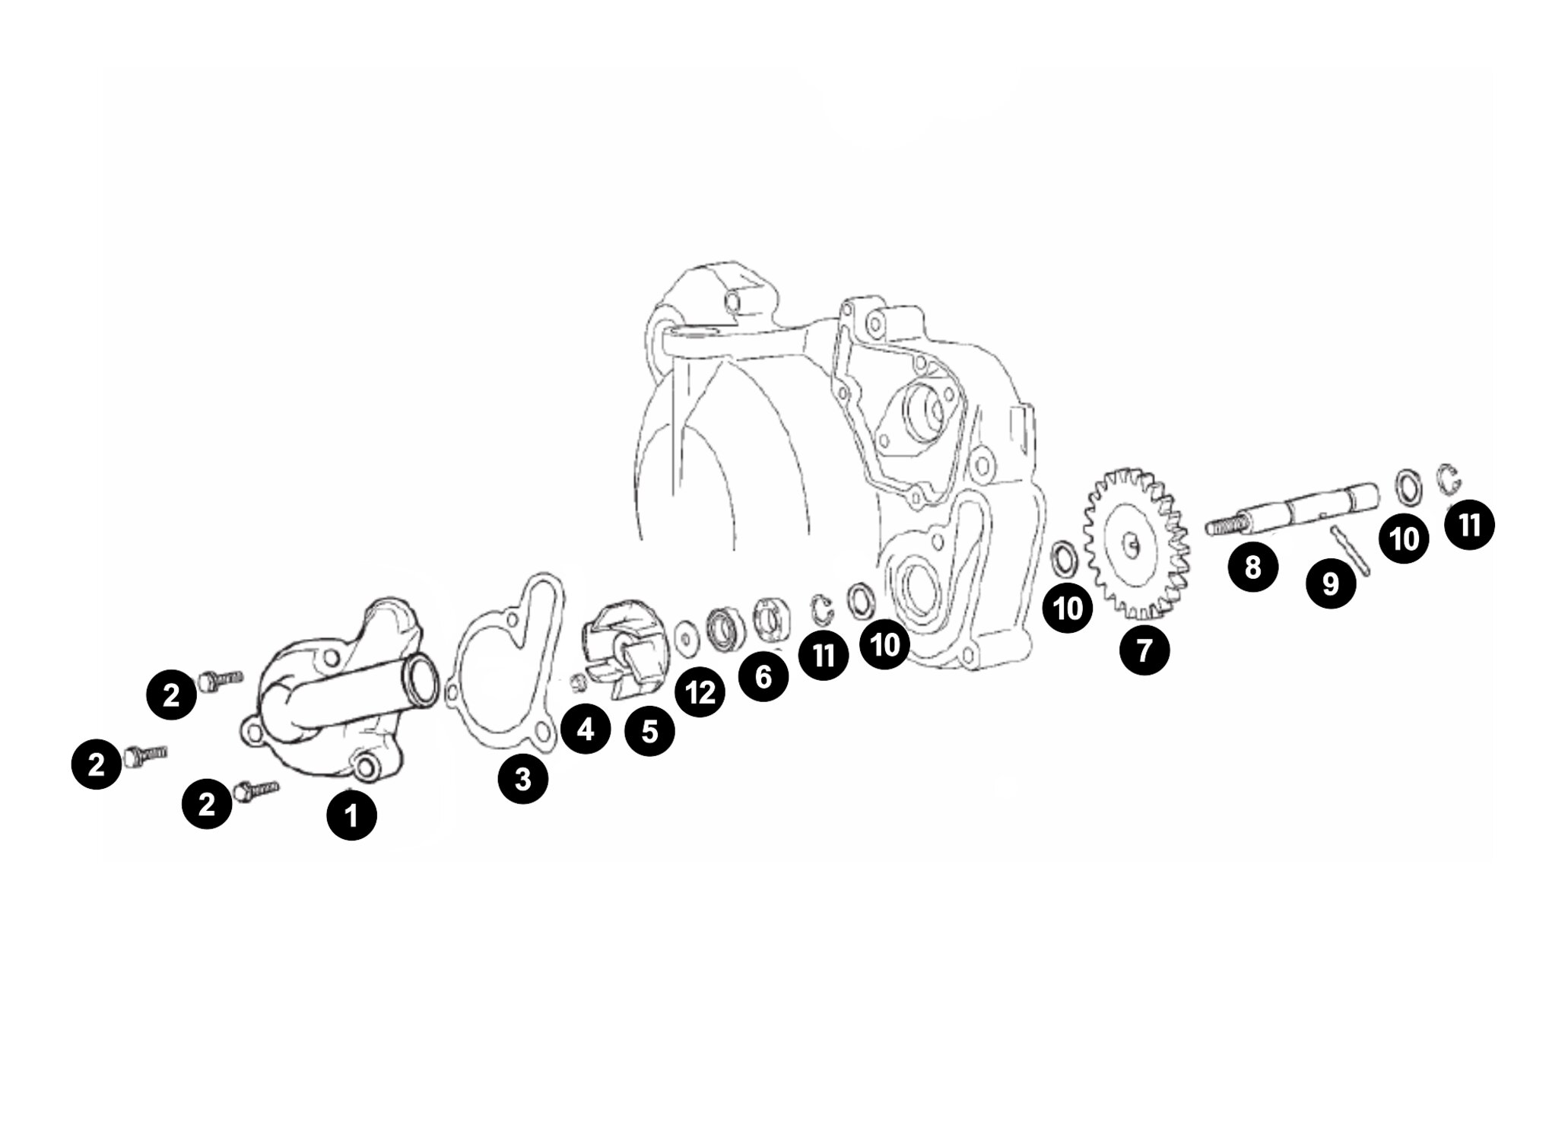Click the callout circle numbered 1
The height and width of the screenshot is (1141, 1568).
pos(351,815)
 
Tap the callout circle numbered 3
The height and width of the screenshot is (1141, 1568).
pos(523,779)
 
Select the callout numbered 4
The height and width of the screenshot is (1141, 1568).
pos(586,729)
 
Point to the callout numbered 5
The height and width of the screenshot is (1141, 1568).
pos(649,731)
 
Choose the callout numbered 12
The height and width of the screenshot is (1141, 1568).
pos(700,692)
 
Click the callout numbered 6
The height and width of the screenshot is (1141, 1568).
pos(763,675)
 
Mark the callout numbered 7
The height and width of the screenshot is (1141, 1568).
pos(1144,649)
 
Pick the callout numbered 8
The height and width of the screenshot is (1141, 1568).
pos(1252,566)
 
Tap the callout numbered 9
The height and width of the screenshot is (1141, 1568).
pos(1331,583)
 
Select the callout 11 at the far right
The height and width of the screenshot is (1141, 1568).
pos(1469,524)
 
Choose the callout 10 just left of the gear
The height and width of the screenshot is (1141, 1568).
pos(1068,608)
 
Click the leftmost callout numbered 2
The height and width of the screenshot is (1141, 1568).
pos(97,764)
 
